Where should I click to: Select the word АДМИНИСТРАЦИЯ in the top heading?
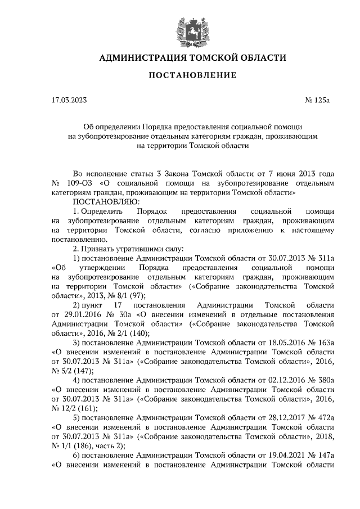143,58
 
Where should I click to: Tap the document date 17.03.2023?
69,101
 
